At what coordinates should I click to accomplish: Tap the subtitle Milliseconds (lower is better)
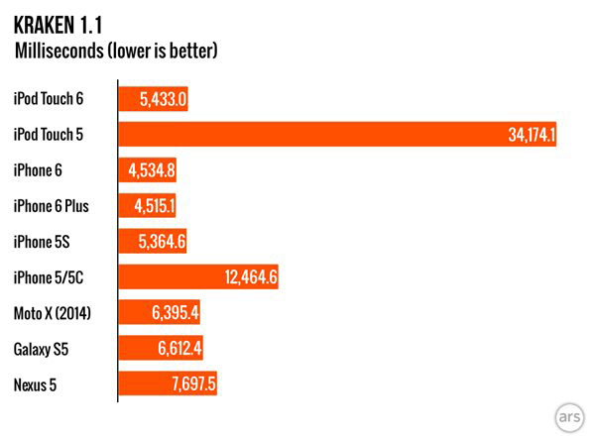pos(115,49)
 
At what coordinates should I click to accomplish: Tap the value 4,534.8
pos(152,169)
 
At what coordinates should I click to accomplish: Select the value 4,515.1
pos(152,205)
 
